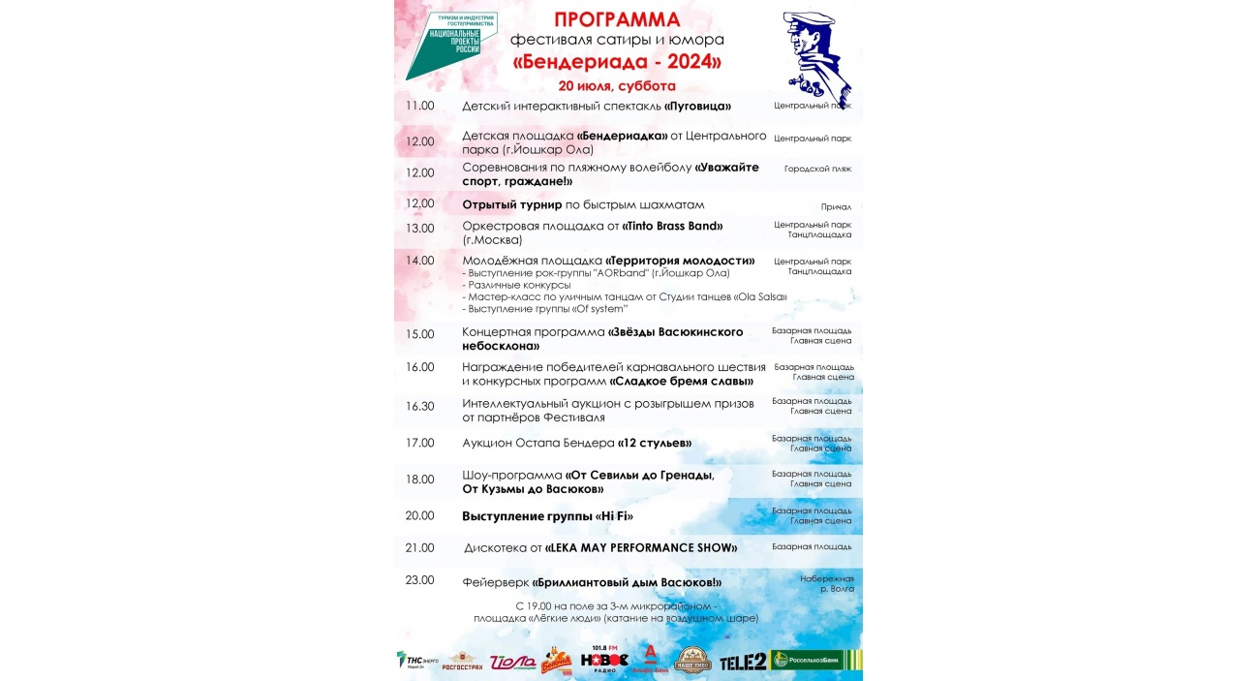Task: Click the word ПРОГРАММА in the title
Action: [617, 19]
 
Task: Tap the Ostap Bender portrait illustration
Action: [815, 58]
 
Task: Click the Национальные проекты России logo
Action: [451, 44]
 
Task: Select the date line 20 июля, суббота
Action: [617, 85]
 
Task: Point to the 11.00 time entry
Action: [420, 106]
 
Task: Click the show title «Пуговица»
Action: [697, 107]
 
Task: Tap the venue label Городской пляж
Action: [817, 169]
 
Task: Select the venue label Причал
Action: [836, 206]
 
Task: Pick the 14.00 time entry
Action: [420, 261]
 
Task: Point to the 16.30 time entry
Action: [420, 406]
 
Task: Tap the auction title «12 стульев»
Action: [655, 444]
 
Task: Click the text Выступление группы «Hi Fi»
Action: [547, 516]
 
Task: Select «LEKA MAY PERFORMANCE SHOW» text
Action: [641, 548]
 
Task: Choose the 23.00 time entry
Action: [420, 580]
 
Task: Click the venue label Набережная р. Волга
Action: [827, 583]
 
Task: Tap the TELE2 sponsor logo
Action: [742, 662]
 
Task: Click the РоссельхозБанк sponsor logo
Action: [814, 661]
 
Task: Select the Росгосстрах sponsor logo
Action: [462, 662]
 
